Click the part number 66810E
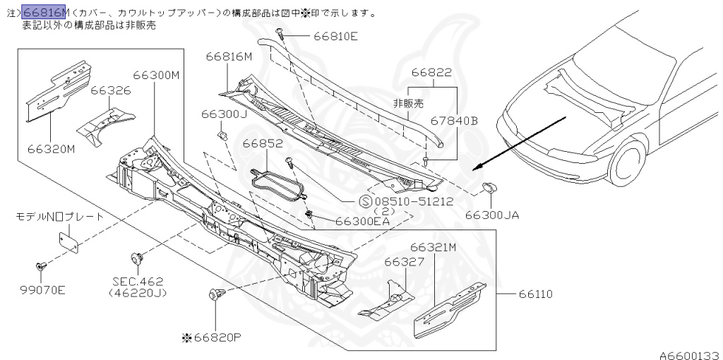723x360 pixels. [x=335, y=36]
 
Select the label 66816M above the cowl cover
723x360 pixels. [x=229, y=56]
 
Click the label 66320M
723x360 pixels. [x=52, y=149]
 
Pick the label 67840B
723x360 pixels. [x=455, y=121]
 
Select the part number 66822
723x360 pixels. [x=431, y=72]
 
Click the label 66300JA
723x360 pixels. [x=491, y=215]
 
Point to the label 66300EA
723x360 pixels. [x=363, y=221]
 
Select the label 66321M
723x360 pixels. [x=434, y=247]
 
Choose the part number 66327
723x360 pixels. [x=404, y=262]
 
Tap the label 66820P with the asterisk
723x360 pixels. [x=211, y=336]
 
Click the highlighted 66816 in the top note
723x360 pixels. [x=44, y=12]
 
